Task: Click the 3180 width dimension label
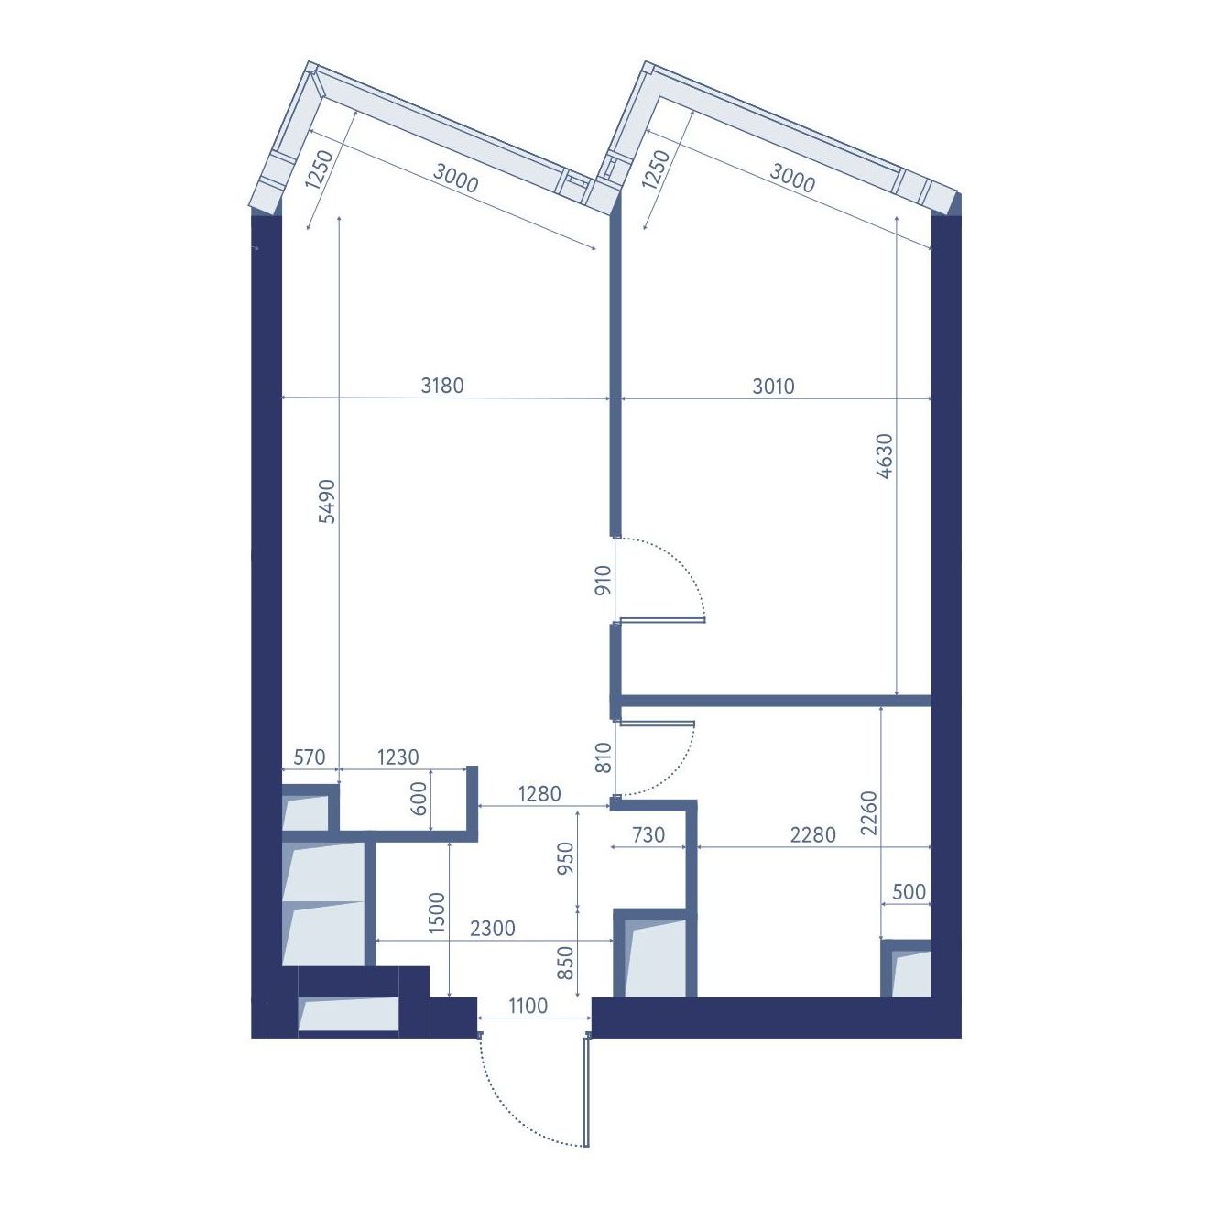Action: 442,386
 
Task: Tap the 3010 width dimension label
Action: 773,387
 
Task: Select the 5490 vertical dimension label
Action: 327,501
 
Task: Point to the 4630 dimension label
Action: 884,456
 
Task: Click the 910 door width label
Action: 603,581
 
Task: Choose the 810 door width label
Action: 603,757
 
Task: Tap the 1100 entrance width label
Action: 528,1006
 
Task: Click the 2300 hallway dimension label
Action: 493,929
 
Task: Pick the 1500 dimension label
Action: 437,913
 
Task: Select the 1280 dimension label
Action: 539,794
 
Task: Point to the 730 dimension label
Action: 648,835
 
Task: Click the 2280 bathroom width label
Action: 812,835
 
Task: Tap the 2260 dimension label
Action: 869,813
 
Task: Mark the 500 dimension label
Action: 909,892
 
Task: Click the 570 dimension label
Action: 310,757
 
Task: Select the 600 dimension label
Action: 419,799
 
